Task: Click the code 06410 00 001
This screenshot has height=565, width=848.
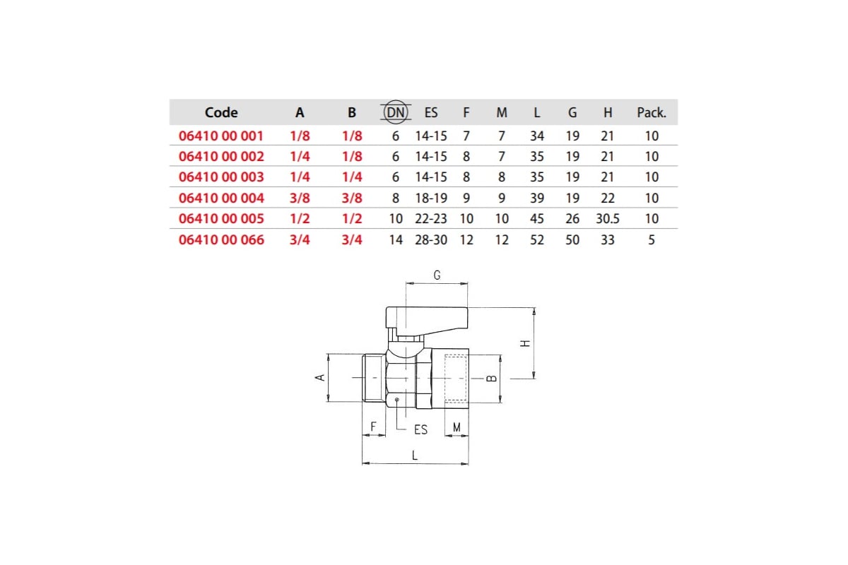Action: coord(220,136)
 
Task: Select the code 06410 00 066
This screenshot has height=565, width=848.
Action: coord(221,239)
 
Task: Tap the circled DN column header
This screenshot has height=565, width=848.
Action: coord(396,112)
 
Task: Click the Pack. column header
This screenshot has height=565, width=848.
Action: coord(651,112)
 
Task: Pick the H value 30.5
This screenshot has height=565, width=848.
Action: coord(608,219)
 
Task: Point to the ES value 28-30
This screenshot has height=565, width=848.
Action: coord(431,239)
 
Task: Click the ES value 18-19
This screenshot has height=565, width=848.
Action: coord(431,198)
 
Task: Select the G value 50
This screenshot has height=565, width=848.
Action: coord(572,239)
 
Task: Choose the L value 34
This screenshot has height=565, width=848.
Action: coord(537,136)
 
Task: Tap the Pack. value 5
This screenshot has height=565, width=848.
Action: coord(651,239)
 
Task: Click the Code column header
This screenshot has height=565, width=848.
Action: coord(221,112)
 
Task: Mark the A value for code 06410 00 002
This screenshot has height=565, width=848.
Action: coord(300,156)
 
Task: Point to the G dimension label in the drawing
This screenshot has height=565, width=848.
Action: coord(437,275)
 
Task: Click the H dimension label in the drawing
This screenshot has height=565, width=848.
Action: coord(525,343)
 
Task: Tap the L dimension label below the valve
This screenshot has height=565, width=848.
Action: coord(415,456)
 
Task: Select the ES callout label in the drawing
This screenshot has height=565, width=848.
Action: coord(420,429)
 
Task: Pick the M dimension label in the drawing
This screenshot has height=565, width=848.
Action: coord(457,427)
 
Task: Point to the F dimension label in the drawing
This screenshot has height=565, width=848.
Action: coord(373,427)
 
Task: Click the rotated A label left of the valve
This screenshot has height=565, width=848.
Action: coord(320,377)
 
